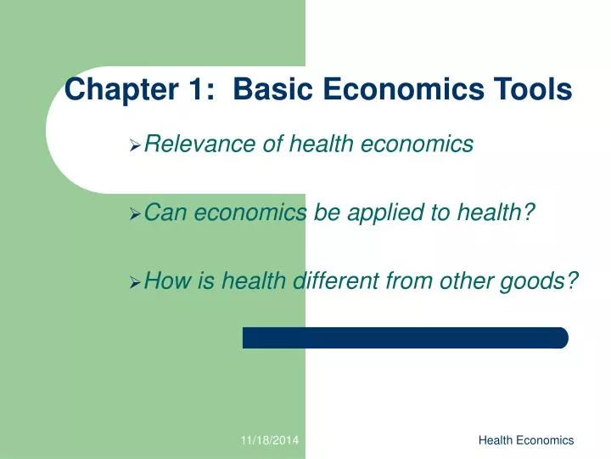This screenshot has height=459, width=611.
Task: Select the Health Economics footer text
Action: click(526, 440)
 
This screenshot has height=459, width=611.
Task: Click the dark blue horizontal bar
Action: click(405, 337)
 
